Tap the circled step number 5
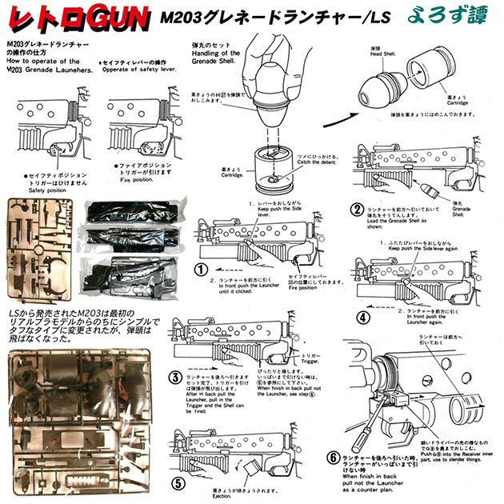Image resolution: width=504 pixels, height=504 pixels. pyautogui.click(x=178, y=483)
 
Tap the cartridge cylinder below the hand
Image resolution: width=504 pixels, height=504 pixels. pyautogui.click(x=272, y=169)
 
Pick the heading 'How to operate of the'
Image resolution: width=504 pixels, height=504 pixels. pyautogui.click(x=44, y=60)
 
